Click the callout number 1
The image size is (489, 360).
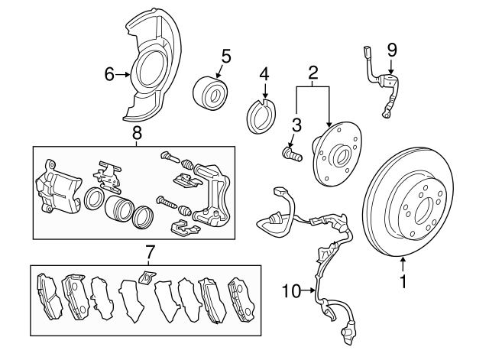point(403,282)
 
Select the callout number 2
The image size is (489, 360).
point(313,74)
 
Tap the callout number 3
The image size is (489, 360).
point(297,125)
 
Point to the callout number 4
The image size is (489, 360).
point(264,75)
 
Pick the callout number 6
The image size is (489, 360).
point(109,74)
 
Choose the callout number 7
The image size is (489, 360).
point(151,251)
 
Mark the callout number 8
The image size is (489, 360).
point(137,133)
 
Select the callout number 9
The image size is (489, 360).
point(392,50)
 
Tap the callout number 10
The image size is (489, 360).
point(290,290)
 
